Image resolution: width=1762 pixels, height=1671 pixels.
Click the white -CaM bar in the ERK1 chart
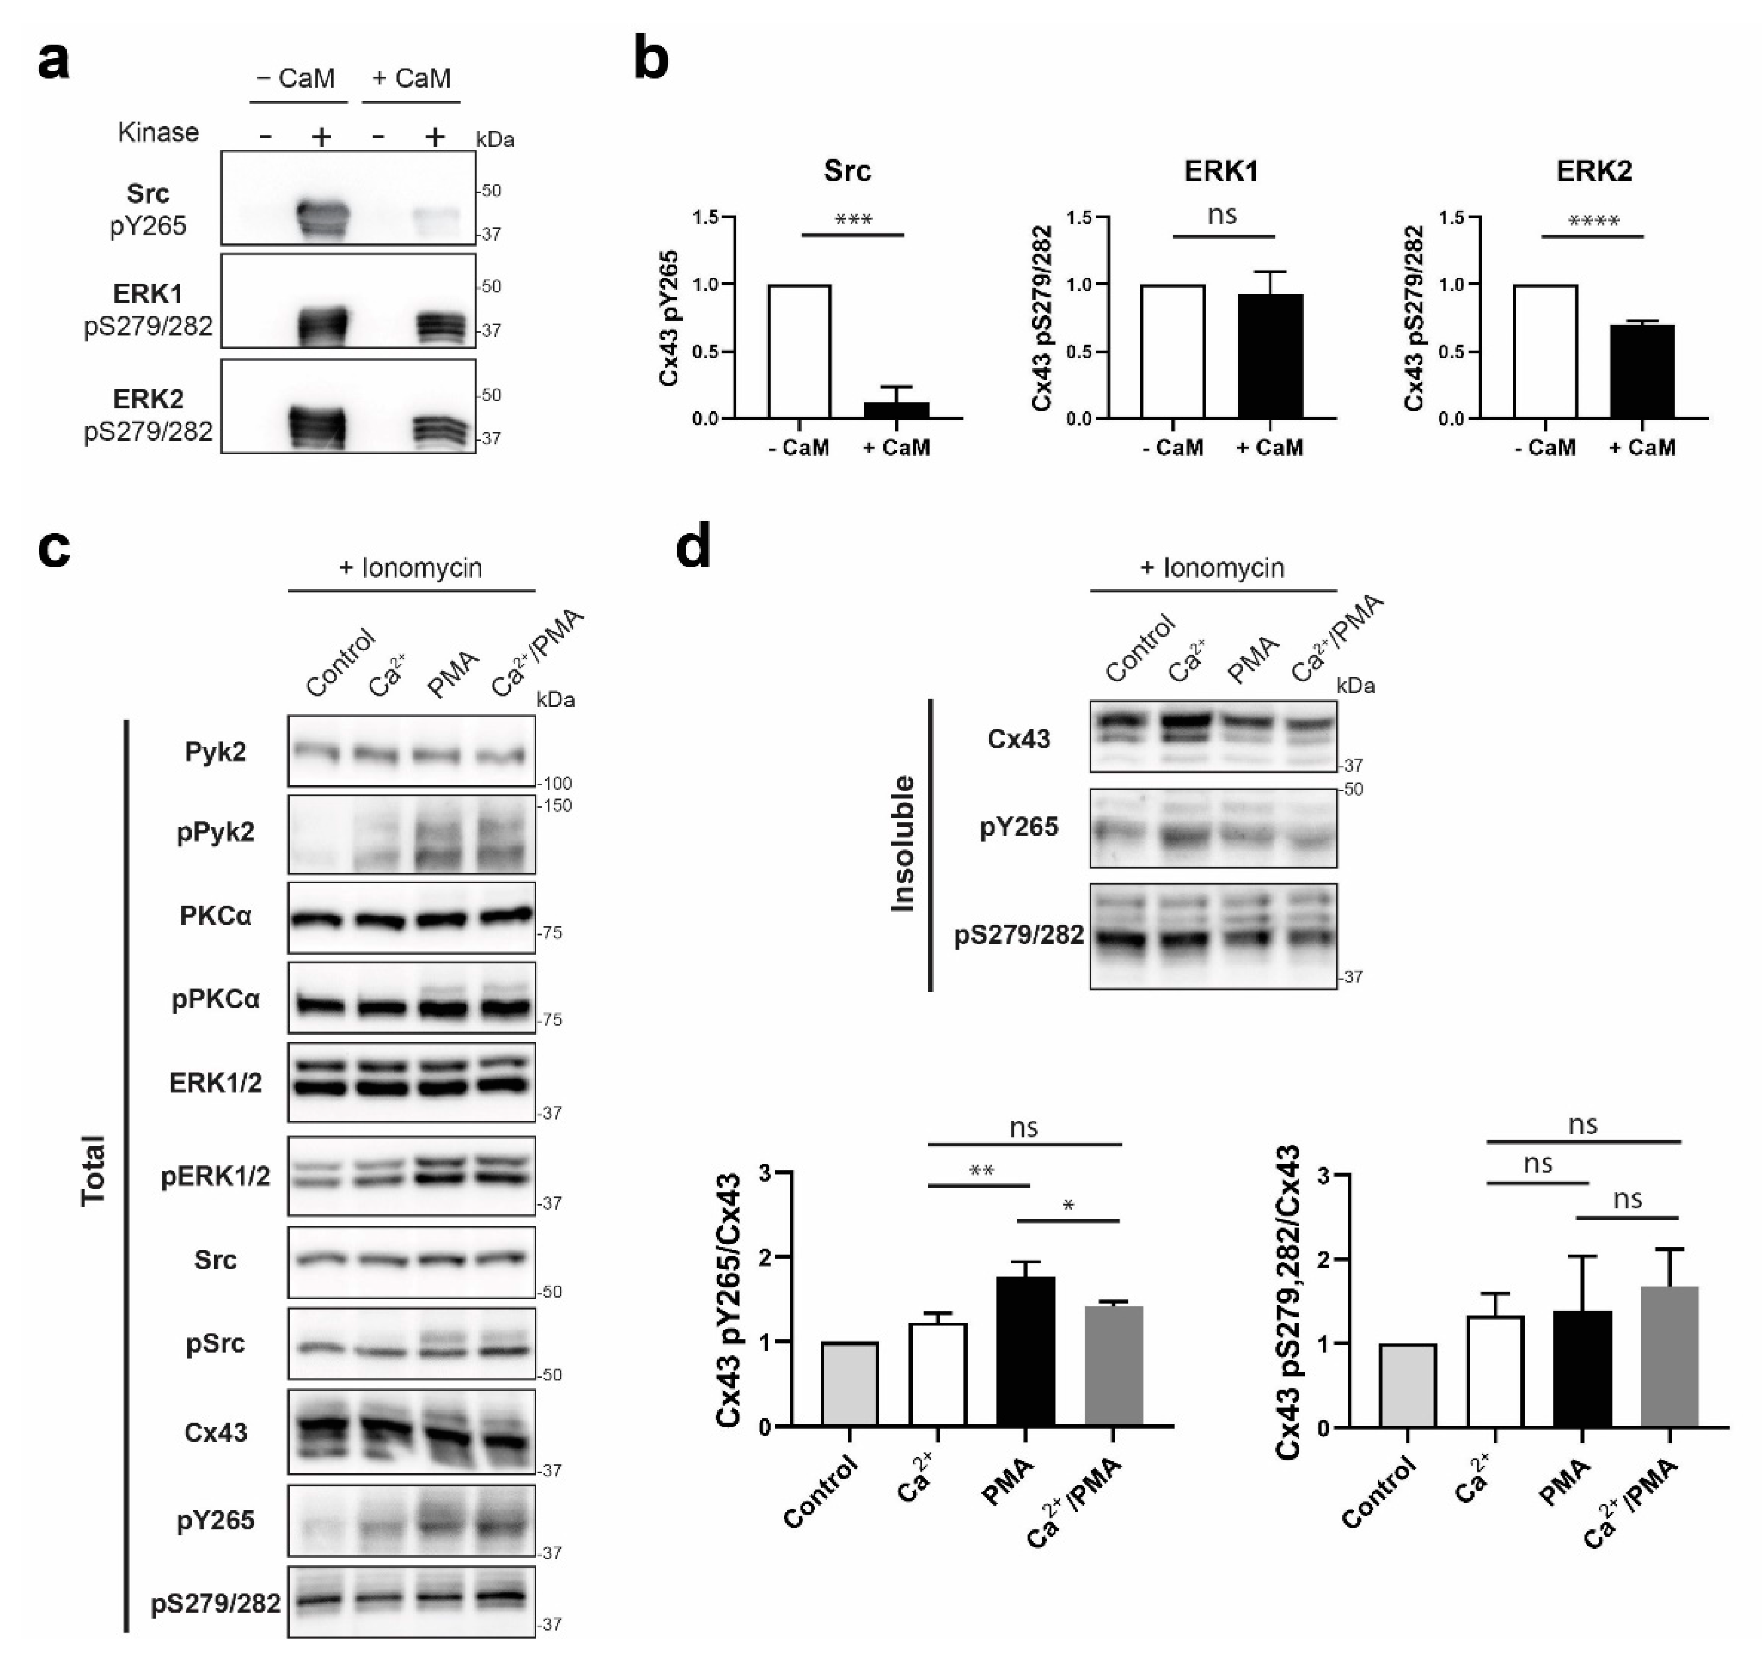(x=1172, y=351)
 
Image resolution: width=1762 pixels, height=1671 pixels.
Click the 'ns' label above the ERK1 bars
(x=1222, y=214)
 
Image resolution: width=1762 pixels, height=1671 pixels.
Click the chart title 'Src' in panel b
(x=846, y=170)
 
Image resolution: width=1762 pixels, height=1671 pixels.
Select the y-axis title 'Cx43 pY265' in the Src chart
(x=670, y=318)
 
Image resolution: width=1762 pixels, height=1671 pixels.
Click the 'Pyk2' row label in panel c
(x=216, y=753)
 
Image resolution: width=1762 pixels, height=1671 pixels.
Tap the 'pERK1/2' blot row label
(x=216, y=1177)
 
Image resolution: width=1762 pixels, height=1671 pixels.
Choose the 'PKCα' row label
(x=216, y=917)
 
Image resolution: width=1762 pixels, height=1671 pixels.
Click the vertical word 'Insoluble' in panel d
(x=903, y=843)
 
